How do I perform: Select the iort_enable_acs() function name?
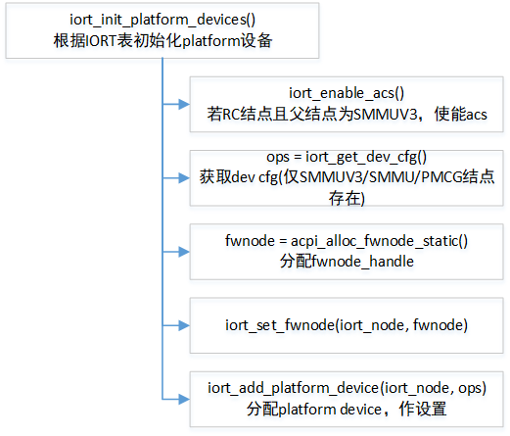pyautogui.click(x=347, y=93)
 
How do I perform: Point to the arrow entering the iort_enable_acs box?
pyautogui.click(x=178, y=101)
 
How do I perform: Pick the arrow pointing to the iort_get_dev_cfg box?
pyautogui.click(x=178, y=177)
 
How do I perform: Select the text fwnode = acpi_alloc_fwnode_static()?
pyautogui.click(x=347, y=240)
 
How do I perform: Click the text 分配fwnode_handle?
pyautogui.click(x=347, y=262)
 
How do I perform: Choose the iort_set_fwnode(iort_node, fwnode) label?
pyautogui.click(x=347, y=324)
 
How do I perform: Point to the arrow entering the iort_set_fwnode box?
pyautogui.click(x=178, y=323)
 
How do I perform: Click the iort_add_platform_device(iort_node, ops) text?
pyautogui.click(x=347, y=387)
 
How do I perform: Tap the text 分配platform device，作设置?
pyautogui.click(x=347, y=409)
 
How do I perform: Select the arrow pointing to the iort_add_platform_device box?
pyautogui.click(x=178, y=397)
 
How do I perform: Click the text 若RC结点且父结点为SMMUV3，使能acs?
pyautogui.click(x=347, y=115)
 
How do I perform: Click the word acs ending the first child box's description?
pyautogui.click(x=475, y=115)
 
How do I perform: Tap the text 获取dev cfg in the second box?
pyautogui.click(x=239, y=177)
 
